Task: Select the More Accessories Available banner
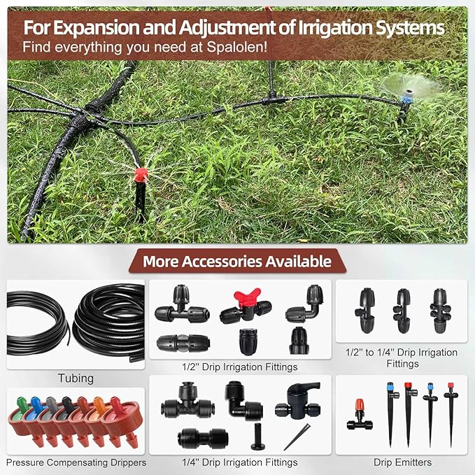point(237,262)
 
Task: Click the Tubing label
point(76,378)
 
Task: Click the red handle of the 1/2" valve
point(238,297)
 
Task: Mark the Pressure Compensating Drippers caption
point(76,462)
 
